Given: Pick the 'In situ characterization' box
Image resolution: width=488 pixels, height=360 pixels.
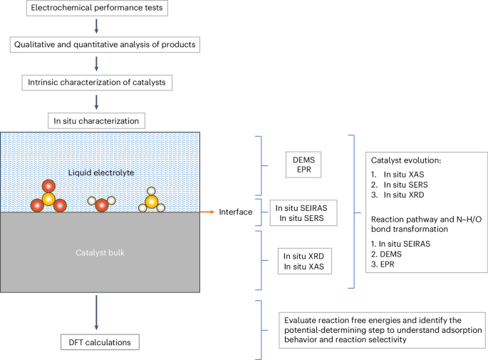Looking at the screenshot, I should click(96, 120).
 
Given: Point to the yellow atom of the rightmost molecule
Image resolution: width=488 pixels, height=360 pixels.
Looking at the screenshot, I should click(152, 201).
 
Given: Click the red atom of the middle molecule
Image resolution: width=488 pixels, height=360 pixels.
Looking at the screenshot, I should click(102, 205).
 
